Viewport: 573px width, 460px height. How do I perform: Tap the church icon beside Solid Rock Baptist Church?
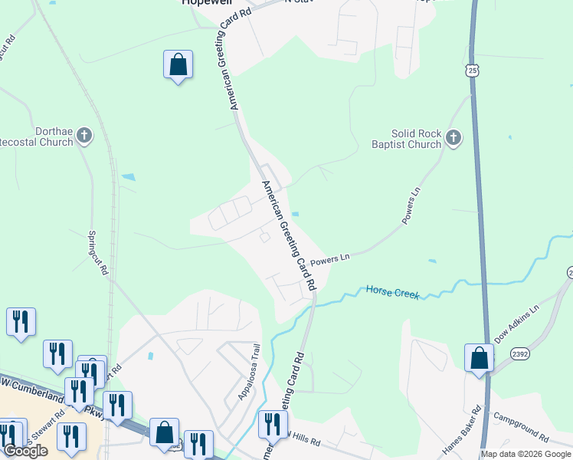tap(453, 138)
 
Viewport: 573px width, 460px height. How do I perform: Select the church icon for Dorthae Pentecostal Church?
tap(84, 136)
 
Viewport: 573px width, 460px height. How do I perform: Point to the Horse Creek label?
tap(392, 291)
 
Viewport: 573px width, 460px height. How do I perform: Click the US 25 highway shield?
tap(473, 71)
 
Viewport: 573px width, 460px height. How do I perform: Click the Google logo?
tap(25, 451)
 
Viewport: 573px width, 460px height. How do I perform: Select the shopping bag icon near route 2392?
tap(479, 358)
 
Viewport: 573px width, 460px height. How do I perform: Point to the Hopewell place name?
tap(206, 3)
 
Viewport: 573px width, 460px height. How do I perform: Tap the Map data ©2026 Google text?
tap(526, 454)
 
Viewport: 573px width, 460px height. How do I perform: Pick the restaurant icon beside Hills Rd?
tap(273, 424)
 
